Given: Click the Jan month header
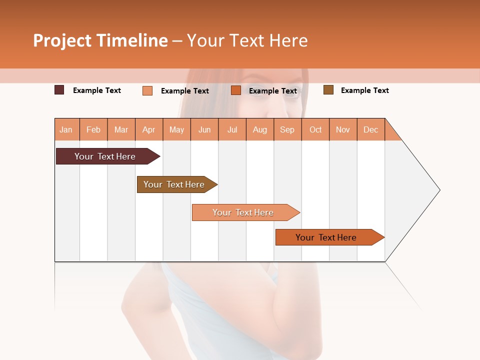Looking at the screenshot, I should tap(66, 130).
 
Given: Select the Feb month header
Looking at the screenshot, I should tap(93, 130).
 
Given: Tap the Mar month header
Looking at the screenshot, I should tap(121, 130).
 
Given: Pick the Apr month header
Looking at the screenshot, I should tap(149, 130).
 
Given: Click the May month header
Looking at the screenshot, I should tap(176, 130).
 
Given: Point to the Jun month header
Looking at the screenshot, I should tap(204, 130).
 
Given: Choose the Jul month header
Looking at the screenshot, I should tap(232, 130).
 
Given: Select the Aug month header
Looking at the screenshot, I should tap(260, 130).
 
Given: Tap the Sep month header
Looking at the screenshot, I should tap(287, 130).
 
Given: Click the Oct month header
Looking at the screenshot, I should tap(315, 130).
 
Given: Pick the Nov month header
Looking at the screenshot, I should tap(343, 130).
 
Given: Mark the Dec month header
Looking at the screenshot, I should tap(371, 130).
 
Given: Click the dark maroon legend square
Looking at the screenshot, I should tap(59, 90).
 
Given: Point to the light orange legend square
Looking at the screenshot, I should tap(147, 90).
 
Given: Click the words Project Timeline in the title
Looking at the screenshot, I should tap(100, 40).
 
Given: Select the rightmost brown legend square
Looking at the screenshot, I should tap(328, 90).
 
